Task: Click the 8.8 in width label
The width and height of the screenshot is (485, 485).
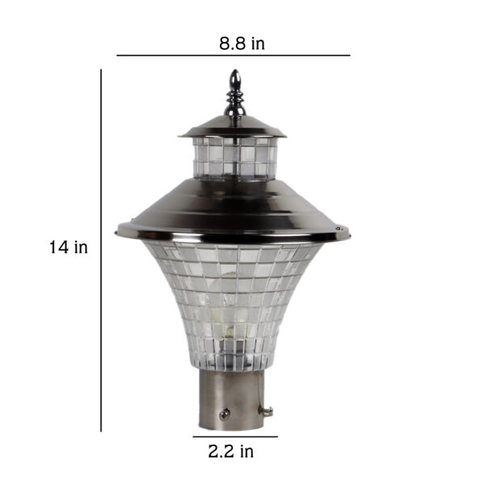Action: pos(242,44)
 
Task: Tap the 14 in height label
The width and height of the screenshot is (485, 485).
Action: pos(69,247)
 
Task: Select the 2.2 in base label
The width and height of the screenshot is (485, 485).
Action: pos(230,451)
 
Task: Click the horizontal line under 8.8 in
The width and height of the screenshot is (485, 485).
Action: pos(234,55)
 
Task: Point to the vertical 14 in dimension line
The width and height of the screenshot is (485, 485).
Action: pos(101,251)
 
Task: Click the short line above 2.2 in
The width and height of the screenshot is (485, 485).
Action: pos(235,436)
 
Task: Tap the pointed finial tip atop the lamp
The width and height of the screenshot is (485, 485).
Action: pos(235,70)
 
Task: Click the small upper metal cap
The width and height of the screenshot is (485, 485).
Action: pos(233,127)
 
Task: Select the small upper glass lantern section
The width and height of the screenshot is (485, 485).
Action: pos(234,158)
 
